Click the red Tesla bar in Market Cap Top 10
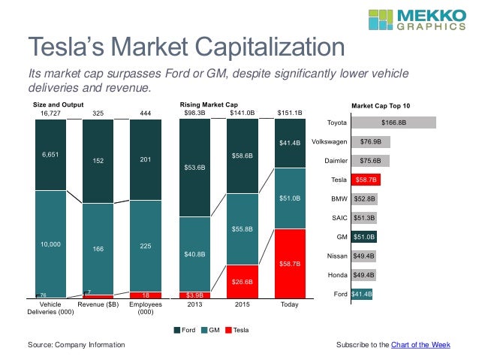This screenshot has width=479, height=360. click(366, 180)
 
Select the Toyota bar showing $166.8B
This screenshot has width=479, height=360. click(393, 122)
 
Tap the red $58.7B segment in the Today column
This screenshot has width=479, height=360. click(291, 264)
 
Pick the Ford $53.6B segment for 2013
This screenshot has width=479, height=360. click(194, 168)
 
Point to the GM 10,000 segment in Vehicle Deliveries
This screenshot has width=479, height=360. click(50, 244)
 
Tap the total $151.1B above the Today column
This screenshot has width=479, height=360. click(290, 113)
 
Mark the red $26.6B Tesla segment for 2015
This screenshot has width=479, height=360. click(243, 282)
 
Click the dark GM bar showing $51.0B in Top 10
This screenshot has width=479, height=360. click(364, 237)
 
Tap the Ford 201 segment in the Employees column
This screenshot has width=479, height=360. click(146, 159)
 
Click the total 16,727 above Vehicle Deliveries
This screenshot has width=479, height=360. click(50, 113)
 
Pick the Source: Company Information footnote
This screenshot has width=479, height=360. click(76, 344)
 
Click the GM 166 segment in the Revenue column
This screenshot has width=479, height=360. click(98, 249)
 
